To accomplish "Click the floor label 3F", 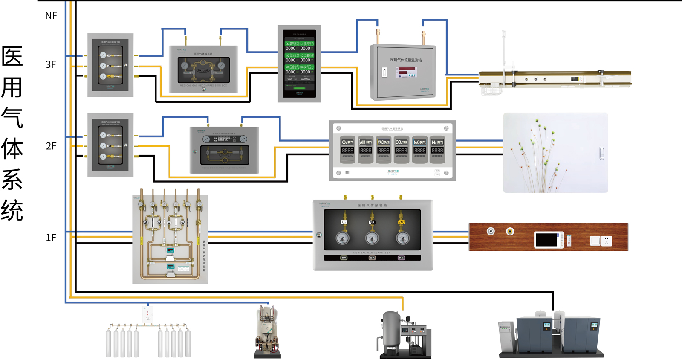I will [x=51, y=64].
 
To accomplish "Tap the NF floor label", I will [x=51, y=16].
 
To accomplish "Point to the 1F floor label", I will [x=51, y=238].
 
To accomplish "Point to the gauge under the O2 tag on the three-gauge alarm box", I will [x=342, y=238].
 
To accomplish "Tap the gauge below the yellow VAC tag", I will [x=402, y=238].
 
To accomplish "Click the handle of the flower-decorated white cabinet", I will [x=601, y=153].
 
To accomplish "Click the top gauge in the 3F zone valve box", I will [x=103, y=55].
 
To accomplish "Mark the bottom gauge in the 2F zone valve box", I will [x=103, y=157].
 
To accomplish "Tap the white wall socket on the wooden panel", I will [x=607, y=241].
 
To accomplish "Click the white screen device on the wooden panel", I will [x=549, y=240].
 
